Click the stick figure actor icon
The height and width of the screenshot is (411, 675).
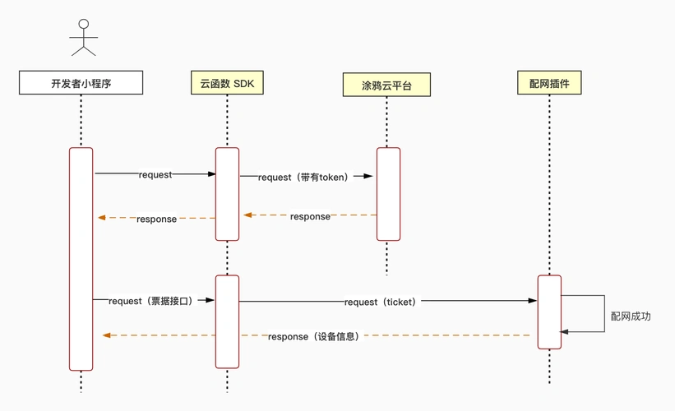83,38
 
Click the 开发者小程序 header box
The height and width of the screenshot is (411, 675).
81,83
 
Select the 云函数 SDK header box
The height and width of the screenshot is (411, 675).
227,83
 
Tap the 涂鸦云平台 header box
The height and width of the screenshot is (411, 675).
386,85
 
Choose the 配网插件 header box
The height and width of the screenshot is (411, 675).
549,83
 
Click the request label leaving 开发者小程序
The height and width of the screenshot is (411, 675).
155,175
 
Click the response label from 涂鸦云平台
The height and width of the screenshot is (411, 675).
310,216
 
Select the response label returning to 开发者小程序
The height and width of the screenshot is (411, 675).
156,219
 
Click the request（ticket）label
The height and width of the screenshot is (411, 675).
381,302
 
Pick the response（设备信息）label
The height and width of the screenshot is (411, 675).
313,336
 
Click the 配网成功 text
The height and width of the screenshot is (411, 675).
631,316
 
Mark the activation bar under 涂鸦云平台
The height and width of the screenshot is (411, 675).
388,194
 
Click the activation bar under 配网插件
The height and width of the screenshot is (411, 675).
549,312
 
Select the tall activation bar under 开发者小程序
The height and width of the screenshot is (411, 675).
81,259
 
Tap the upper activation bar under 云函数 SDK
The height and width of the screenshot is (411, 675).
227,194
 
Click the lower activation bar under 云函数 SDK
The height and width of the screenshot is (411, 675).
227,321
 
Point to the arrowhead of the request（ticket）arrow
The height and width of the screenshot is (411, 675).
533,301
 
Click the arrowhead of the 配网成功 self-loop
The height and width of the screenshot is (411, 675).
565,332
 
